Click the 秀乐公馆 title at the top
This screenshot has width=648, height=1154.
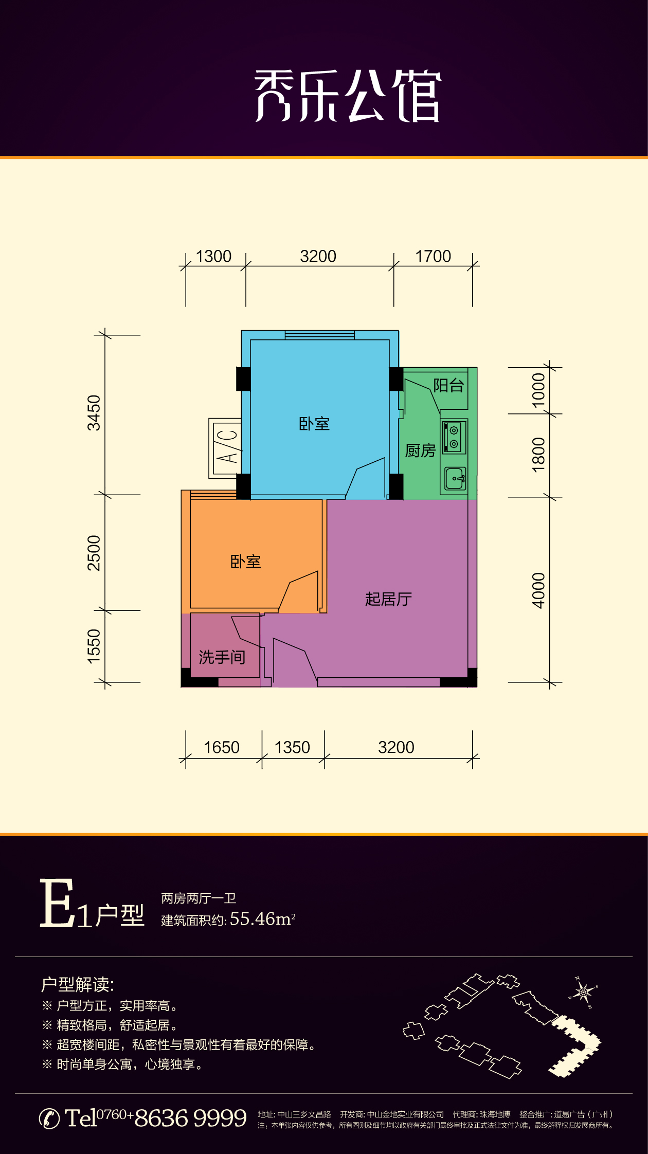[348, 96]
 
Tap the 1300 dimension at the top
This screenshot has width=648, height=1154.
[214, 256]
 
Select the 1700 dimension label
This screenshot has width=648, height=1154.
[433, 256]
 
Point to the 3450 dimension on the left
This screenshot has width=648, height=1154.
[94, 412]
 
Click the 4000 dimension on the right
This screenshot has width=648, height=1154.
[538, 590]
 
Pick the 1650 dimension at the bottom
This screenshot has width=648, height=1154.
[222, 747]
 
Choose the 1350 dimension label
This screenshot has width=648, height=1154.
[292, 747]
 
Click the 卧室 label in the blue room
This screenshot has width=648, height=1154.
[314, 424]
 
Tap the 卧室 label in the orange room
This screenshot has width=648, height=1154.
[246, 561]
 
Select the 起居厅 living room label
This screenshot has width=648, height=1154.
[388, 599]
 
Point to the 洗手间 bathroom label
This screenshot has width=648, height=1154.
[222, 657]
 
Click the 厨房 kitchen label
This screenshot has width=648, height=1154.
[420, 450]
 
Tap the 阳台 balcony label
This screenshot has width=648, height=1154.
[448, 385]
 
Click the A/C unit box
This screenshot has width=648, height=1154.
[225, 448]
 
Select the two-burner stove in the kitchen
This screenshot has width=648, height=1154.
[454, 437]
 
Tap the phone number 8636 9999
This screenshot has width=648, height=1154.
[190, 1118]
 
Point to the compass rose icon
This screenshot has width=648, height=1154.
[583, 991]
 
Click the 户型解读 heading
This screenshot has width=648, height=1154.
[78, 984]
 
